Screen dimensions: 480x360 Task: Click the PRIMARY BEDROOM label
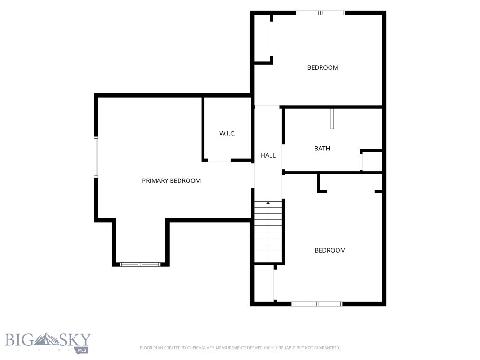click(x=172, y=181)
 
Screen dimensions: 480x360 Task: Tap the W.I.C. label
click(x=227, y=134)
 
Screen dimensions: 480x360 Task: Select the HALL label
click(x=268, y=155)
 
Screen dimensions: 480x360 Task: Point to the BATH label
click(x=322, y=149)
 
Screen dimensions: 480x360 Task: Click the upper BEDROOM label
click(x=322, y=67)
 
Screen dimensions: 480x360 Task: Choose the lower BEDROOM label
click(x=330, y=250)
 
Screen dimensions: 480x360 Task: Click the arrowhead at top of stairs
click(x=268, y=202)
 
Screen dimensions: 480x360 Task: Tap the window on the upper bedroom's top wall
click(x=320, y=13)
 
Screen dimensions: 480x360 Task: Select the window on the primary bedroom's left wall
click(x=96, y=157)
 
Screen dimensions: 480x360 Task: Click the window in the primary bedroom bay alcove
click(x=140, y=264)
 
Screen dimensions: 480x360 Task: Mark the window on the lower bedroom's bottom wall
click(x=316, y=304)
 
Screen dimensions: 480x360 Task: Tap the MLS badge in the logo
click(x=82, y=350)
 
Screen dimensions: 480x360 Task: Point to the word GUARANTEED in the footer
click(x=329, y=348)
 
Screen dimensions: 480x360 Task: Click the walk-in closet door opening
click(x=219, y=160)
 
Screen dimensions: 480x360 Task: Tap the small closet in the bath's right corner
click(x=372, y=161)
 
